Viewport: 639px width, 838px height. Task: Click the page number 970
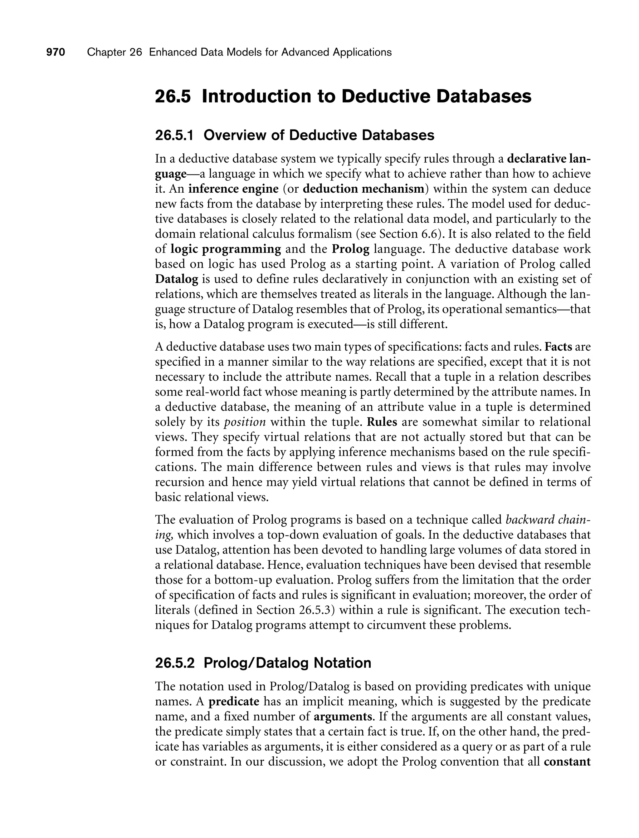[56, 52]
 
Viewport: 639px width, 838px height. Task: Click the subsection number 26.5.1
[174, 135]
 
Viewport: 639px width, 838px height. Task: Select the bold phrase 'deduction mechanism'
[363, 189]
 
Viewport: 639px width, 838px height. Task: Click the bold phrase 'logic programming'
[226, 249]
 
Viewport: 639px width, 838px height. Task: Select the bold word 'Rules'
[382, 422]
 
